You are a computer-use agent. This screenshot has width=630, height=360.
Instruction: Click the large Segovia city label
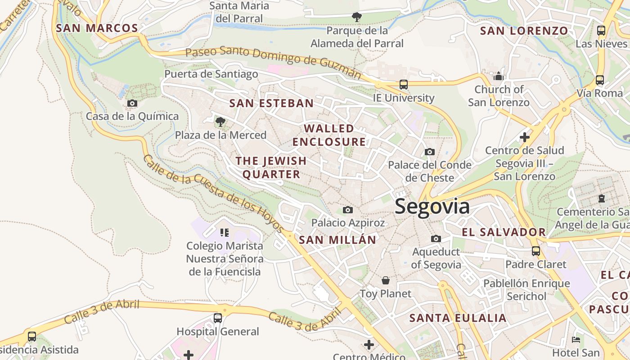(432, 207)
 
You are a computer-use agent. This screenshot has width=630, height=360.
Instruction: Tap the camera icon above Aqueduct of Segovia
(436, 238)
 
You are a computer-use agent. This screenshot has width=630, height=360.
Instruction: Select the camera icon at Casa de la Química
(132, 103)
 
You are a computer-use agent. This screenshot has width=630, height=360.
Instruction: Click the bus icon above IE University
(403, 84)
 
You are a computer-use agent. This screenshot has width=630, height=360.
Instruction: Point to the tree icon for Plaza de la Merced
(220, 121)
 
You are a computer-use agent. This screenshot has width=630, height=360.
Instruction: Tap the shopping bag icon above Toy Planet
(385, 280)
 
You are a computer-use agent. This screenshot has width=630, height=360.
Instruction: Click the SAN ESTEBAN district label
(271, 103)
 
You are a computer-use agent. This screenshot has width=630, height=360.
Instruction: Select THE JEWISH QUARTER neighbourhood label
(271, 167)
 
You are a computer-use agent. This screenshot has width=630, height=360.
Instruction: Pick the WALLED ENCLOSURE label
(329, 135)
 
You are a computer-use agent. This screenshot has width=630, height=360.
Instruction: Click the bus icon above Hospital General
(218, 318)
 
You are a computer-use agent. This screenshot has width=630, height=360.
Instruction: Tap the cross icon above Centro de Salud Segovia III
(524, 137)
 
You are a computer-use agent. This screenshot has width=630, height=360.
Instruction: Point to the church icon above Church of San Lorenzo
(498, 76)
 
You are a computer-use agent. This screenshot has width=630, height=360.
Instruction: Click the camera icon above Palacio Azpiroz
(347, 210)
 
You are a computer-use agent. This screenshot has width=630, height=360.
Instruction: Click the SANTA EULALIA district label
(458, 318)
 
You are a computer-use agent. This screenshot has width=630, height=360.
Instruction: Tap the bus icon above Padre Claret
(535, 251)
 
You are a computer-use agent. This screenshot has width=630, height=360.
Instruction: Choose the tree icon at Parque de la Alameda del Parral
(356, 17)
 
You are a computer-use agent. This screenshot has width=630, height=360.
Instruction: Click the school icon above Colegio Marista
(224, 232)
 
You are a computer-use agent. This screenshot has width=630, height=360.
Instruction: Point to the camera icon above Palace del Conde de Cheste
(430, 152)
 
